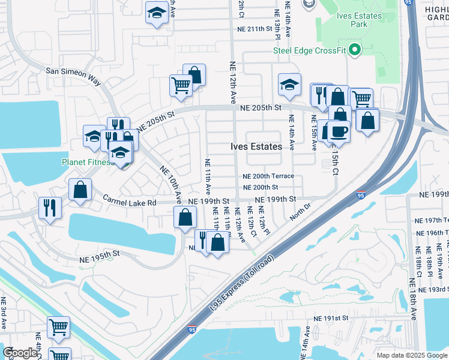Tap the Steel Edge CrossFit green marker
(354, 50)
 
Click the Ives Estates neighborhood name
(256, 146)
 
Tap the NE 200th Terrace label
(268, 176)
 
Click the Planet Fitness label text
(86, 162)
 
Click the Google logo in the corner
(20, 353)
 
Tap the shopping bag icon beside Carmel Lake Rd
(80, 190)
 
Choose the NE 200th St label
(261, 187)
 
